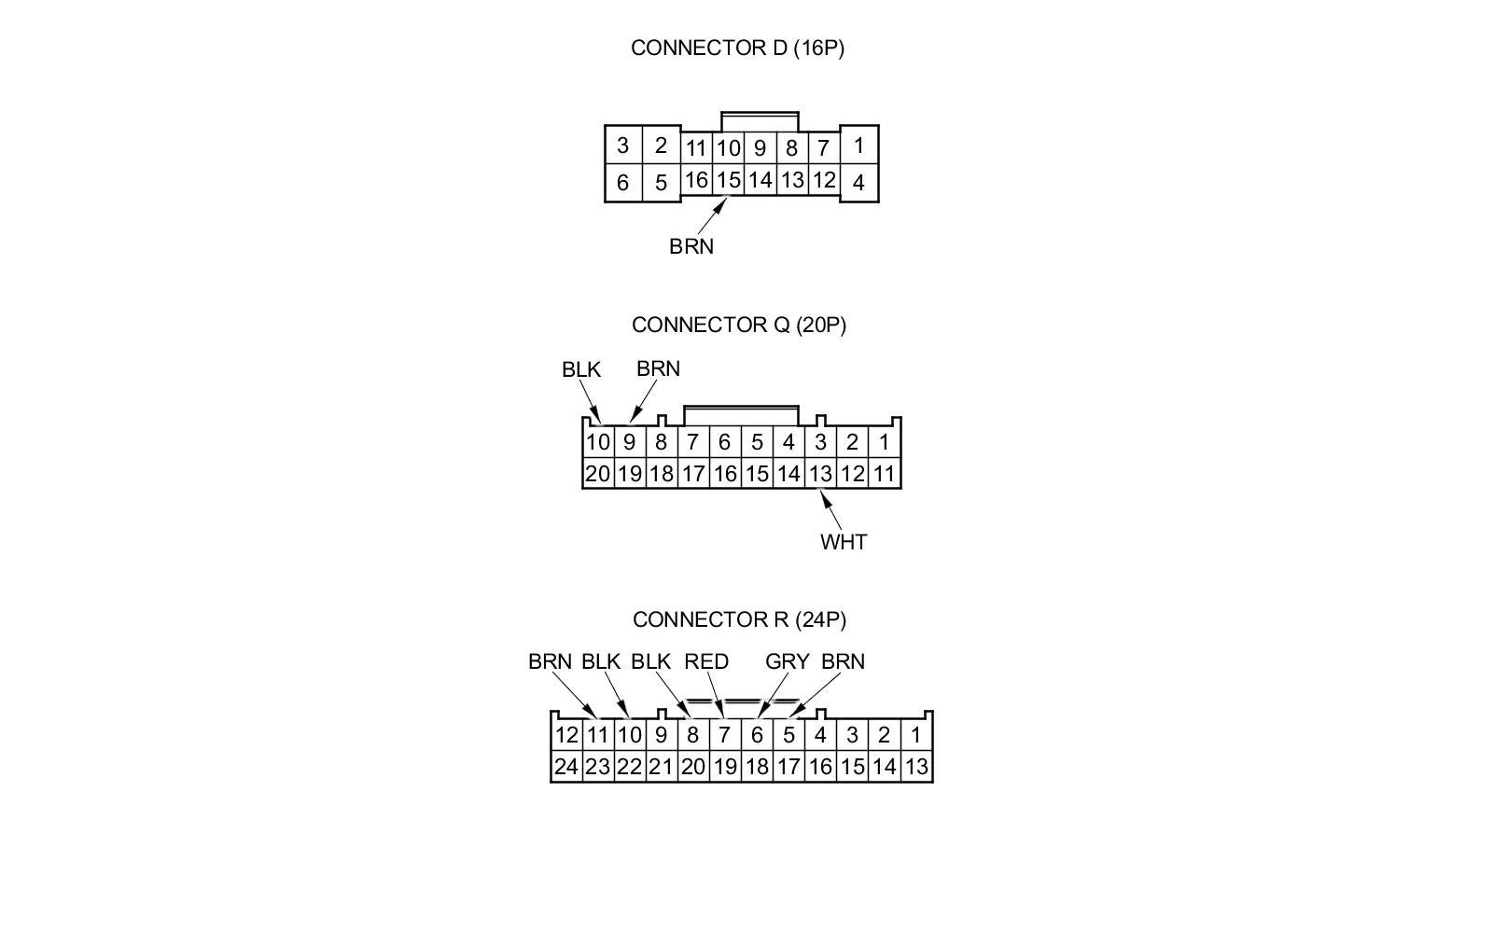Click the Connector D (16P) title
pos(737,48)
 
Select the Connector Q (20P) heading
pos(738,325)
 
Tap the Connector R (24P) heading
pos(739,619)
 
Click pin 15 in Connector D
pos(729,180)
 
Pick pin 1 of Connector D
pos(858,146)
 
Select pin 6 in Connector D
pos(622,183)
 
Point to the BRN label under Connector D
pos(691,246)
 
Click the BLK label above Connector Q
pos(581,369)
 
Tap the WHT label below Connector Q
pos(844,542)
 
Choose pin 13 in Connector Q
pos(820,474)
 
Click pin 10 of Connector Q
pos(597,442)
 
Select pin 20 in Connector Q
pos(597,474)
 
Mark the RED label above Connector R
pos(706,661)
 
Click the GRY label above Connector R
pos(787,661)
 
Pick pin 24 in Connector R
pos(566,767)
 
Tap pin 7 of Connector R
pos(724,735)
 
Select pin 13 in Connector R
pos(916,767)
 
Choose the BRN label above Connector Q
pos(658,368)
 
